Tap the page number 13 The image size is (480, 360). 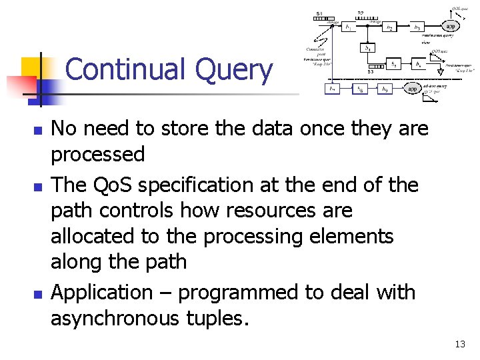459,344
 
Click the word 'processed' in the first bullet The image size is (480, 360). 98,155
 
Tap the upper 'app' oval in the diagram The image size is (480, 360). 451,26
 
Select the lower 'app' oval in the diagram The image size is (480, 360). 413,88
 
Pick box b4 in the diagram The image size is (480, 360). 367,48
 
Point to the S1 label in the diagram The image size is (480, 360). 319,13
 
